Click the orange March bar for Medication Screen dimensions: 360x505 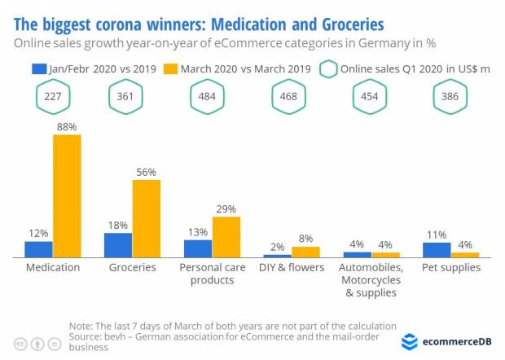67,195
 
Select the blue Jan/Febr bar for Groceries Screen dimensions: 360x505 118,245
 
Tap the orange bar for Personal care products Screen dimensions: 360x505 226,237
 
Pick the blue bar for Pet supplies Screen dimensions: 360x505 437,250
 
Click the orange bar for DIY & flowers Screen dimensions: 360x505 305,252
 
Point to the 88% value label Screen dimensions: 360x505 67,126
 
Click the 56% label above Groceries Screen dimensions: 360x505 147,172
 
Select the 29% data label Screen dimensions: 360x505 226,209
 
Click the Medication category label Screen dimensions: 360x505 53,267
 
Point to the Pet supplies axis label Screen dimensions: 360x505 450,267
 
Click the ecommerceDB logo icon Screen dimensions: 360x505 410,342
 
